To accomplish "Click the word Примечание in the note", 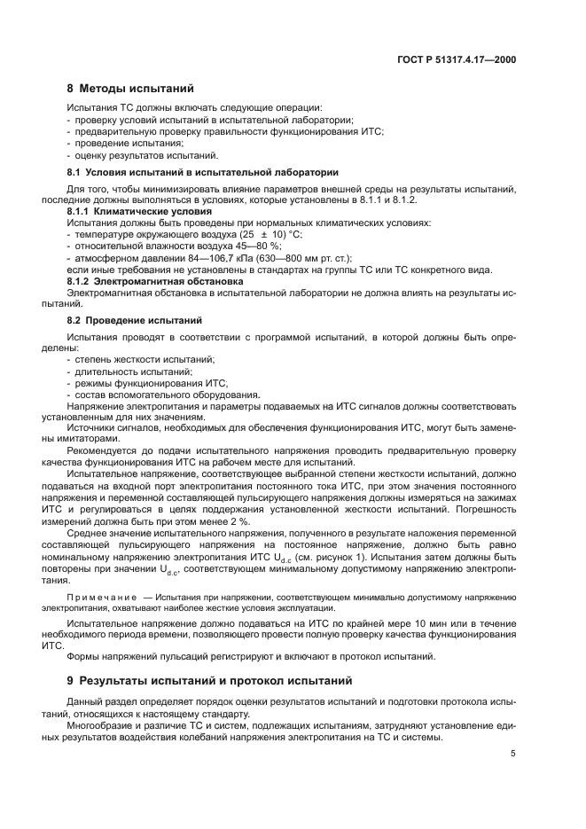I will coord(102,598).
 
